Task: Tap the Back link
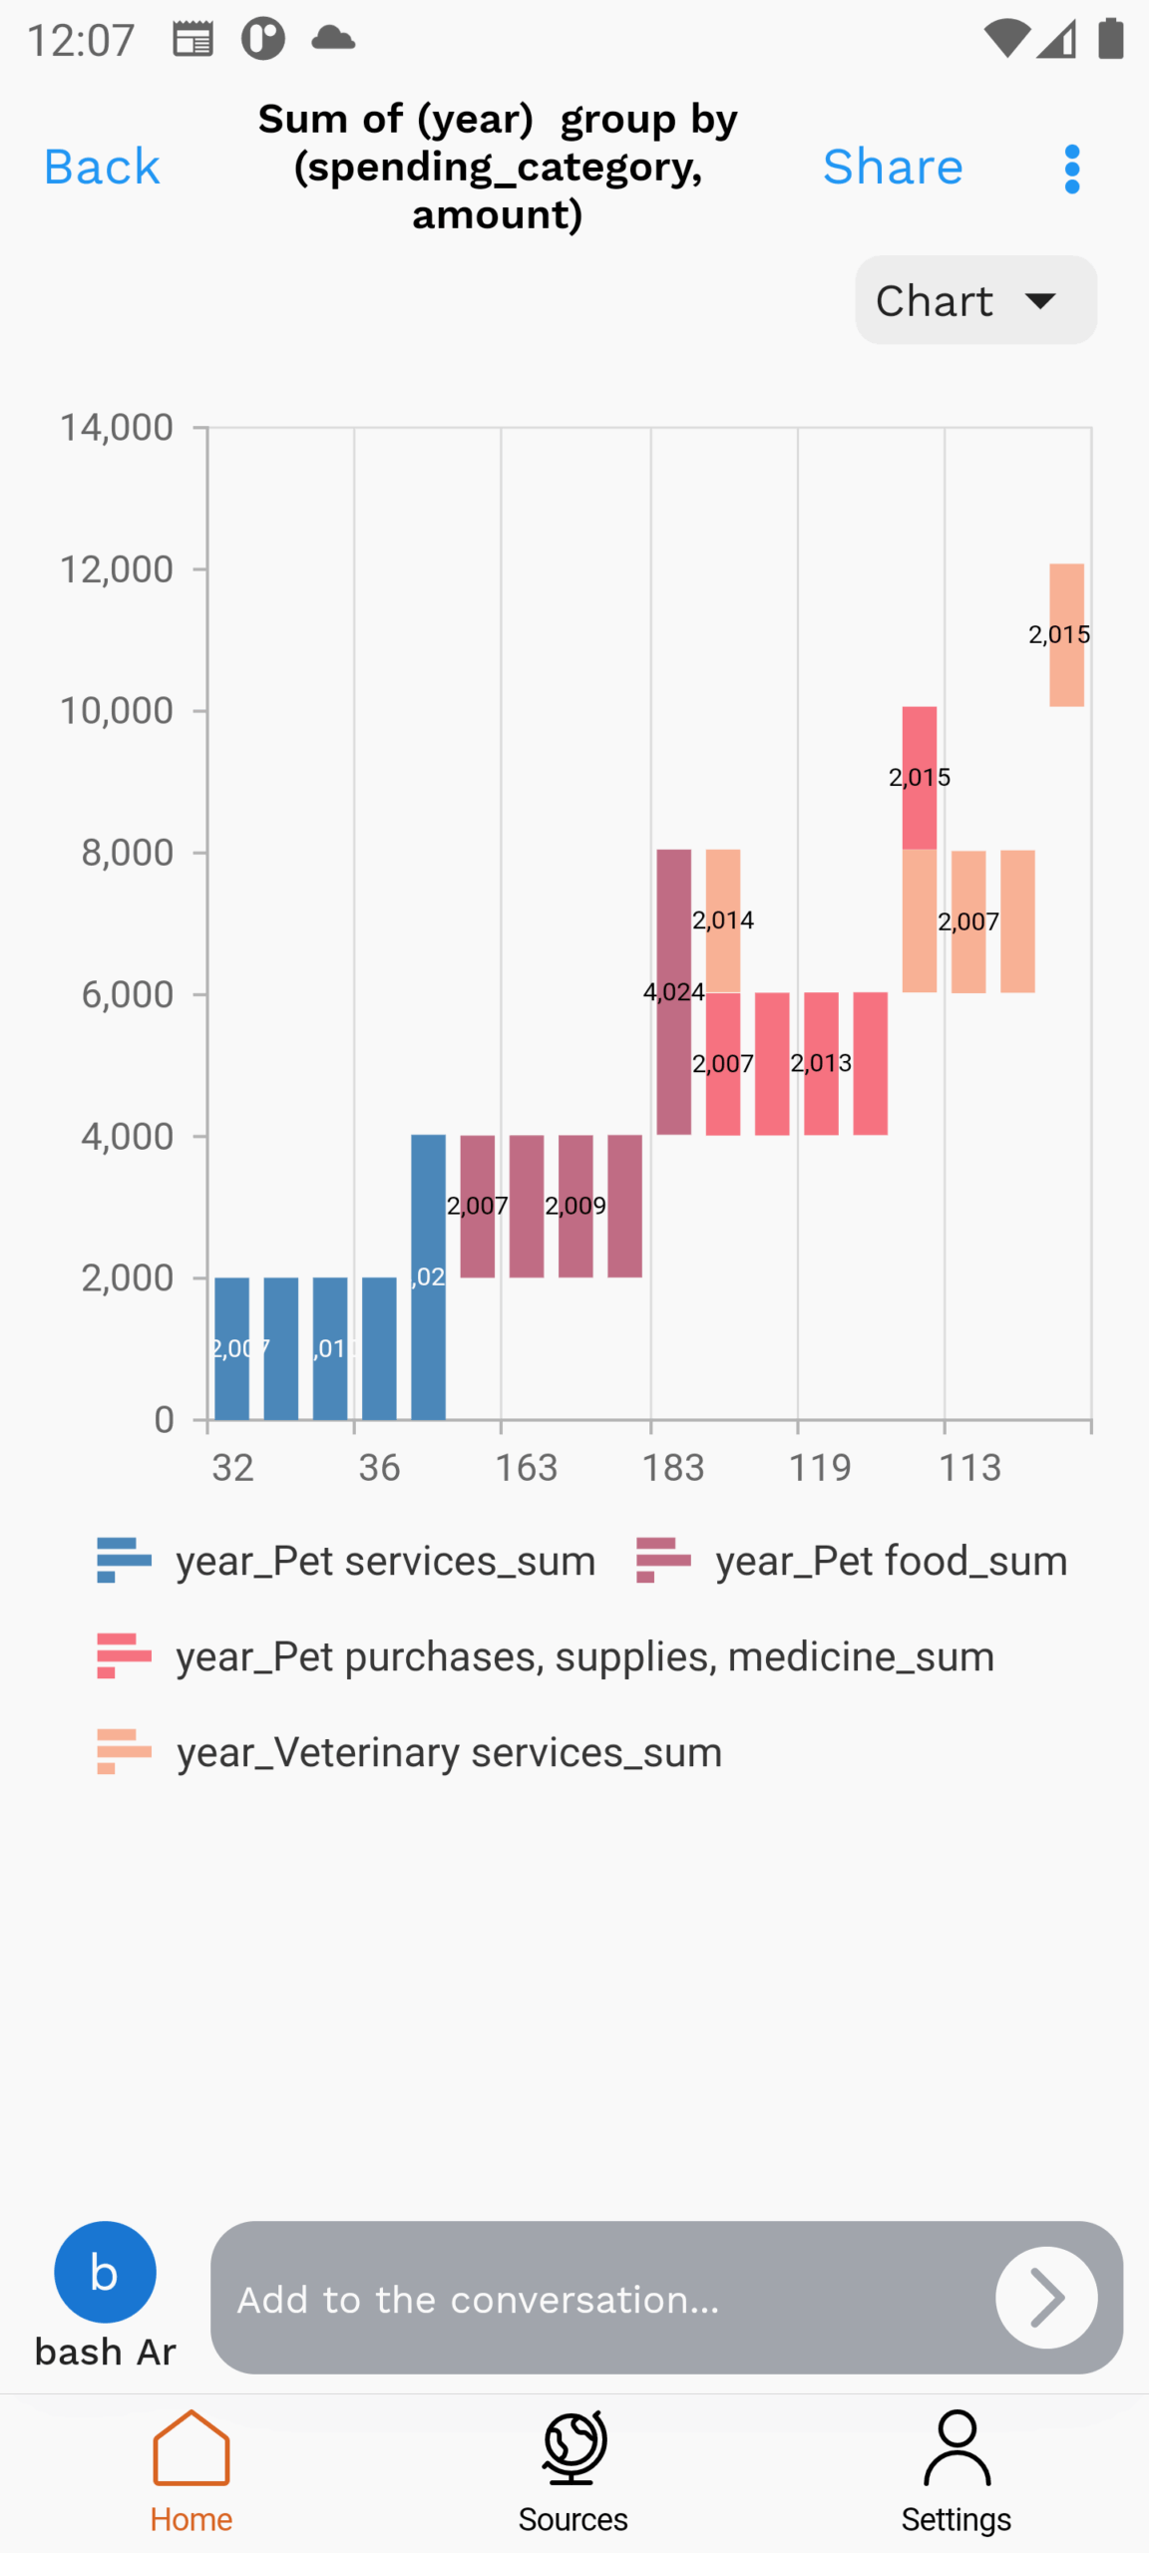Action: (x=102, y=167)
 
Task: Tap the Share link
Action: (x=892, y=167)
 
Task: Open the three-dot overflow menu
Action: (x=1071, y=169)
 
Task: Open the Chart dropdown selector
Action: (x=974, y=300)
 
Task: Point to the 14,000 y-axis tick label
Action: (x=117, y=428)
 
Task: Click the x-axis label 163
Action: (x=526, y=1467)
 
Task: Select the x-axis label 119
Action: (x=819, y=1467)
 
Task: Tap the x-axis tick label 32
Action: (x=232, y=1467)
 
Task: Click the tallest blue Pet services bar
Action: (x=428, y=1276)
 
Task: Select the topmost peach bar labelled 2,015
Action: (x=1066, y=635)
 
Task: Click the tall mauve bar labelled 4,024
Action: (x=673, y=991)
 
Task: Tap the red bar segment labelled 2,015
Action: (x=919, y=778)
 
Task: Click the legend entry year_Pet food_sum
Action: (x=890, y=1561)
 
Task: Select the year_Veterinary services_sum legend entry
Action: (x=448, y=1752)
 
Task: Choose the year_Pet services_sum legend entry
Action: (x=385, y=1561)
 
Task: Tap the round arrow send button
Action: (x=1045, y=2297)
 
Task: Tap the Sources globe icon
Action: (x=574, y=2448)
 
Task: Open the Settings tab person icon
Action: (x=957, y=2448)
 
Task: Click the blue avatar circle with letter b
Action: (x=105, y=2272)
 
